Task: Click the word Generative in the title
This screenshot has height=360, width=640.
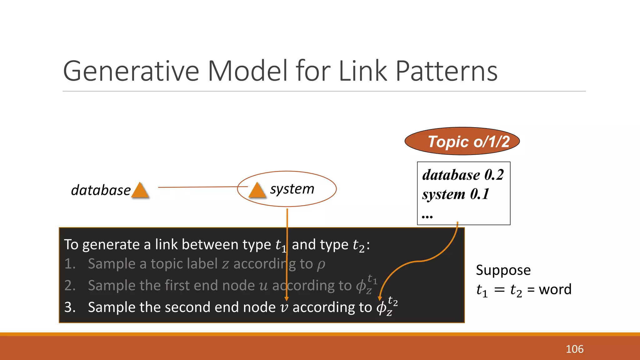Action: pos(131,71)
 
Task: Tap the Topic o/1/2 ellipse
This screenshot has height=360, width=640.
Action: pos(462,141)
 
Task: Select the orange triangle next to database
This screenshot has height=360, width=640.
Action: pos(140,191)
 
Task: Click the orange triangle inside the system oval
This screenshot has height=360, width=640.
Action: pos(257,191)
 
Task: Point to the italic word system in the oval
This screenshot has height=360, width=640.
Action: pos(292,189)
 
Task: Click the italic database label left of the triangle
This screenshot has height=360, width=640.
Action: pos(101,190)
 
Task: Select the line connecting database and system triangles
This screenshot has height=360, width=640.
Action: pos(200,187)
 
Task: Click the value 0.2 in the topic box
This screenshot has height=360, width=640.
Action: pos(494,175)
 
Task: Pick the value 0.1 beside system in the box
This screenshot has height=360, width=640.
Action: pos(480,194)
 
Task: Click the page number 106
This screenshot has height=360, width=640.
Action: pos(574,349)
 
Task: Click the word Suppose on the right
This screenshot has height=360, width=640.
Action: pos(503,270)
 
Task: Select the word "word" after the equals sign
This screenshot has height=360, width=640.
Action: pos(555,289)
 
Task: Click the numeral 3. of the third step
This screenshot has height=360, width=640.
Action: pos(70,307)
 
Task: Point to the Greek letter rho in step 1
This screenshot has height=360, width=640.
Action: pos(321,265)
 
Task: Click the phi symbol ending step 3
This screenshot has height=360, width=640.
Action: pos(381,308)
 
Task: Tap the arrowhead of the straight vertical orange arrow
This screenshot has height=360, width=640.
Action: pos(287,299)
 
